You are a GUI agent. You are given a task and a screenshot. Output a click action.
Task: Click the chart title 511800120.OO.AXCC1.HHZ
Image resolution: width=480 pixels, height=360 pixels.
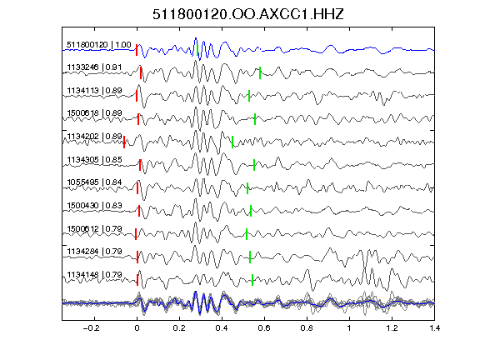coord(248,14)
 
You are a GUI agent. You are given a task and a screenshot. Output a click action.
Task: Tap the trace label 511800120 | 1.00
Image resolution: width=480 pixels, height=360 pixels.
coord(99,45)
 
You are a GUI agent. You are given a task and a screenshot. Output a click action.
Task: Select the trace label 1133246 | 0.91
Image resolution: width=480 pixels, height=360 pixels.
coord(94,67)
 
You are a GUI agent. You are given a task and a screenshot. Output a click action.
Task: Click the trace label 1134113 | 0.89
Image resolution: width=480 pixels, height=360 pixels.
coord(94,90)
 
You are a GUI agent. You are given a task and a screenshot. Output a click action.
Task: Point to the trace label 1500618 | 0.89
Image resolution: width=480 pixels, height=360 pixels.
coord(94,113)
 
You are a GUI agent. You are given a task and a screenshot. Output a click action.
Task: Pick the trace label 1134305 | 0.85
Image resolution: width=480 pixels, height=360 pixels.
coord(94,159)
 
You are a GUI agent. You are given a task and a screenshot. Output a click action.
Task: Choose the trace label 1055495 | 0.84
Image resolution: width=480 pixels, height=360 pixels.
coord(94,182)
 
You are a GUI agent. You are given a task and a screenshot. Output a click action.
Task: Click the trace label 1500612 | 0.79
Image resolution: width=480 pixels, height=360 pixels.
coord(94,228)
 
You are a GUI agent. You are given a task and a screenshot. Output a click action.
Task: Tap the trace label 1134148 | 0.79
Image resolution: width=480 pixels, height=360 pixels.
coord(94,275)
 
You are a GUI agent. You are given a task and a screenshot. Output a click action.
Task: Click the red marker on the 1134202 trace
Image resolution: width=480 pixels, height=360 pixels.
coord(124,142)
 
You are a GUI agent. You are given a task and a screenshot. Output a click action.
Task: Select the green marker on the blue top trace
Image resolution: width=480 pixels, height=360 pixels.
coord(197,50)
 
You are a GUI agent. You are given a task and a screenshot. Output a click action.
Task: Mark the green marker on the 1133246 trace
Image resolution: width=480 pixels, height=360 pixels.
coord(260,72)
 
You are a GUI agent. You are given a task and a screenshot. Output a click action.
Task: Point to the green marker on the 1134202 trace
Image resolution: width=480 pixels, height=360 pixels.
coord(232,142)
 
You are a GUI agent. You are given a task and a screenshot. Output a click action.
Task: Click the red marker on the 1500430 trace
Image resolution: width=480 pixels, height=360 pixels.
coord(139,211)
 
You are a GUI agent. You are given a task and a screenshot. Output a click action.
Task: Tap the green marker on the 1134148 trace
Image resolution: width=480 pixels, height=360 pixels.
coord(252,280)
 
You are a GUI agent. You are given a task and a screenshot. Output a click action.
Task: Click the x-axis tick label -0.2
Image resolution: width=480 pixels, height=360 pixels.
coord(92,328)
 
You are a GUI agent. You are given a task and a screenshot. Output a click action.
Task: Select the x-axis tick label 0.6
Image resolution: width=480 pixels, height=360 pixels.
coord(264,328)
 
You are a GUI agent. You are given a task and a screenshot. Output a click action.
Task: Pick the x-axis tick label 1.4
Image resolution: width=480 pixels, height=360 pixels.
coord(434,328)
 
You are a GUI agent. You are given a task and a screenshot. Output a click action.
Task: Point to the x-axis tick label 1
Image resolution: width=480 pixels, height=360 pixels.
coord(349,328)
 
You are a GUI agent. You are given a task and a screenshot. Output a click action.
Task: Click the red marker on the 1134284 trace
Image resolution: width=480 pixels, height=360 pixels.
coord(137,257)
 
